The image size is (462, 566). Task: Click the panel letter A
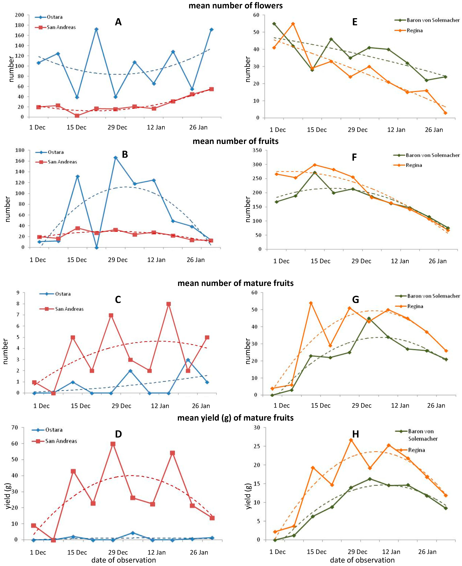(x=118, y=22)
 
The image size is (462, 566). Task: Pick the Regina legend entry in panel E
(x=414, y=30)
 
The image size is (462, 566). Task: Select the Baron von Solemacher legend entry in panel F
(x=432, y=155)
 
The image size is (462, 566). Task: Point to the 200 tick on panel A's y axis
(x=19, y=15)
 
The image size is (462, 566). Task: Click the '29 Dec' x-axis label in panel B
(x=118, y=260)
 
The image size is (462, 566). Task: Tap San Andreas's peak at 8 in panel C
(x=169, y=304)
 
